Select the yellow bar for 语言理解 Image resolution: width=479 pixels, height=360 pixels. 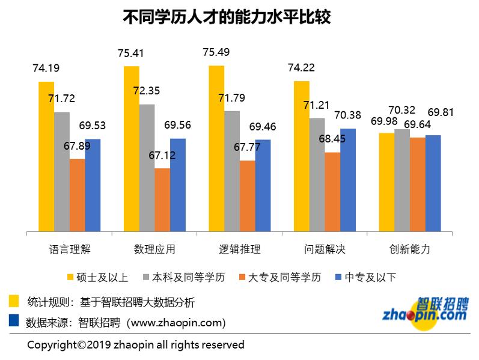[46, 156]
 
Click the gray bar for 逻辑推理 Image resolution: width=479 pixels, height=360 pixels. [232, 171]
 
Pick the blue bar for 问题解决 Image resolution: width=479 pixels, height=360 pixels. [347, 180]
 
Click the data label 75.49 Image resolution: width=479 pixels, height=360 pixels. [216, 52]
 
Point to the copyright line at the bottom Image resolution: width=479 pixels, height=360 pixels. [136, 345]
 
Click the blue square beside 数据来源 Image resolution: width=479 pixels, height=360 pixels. [14, 321]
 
